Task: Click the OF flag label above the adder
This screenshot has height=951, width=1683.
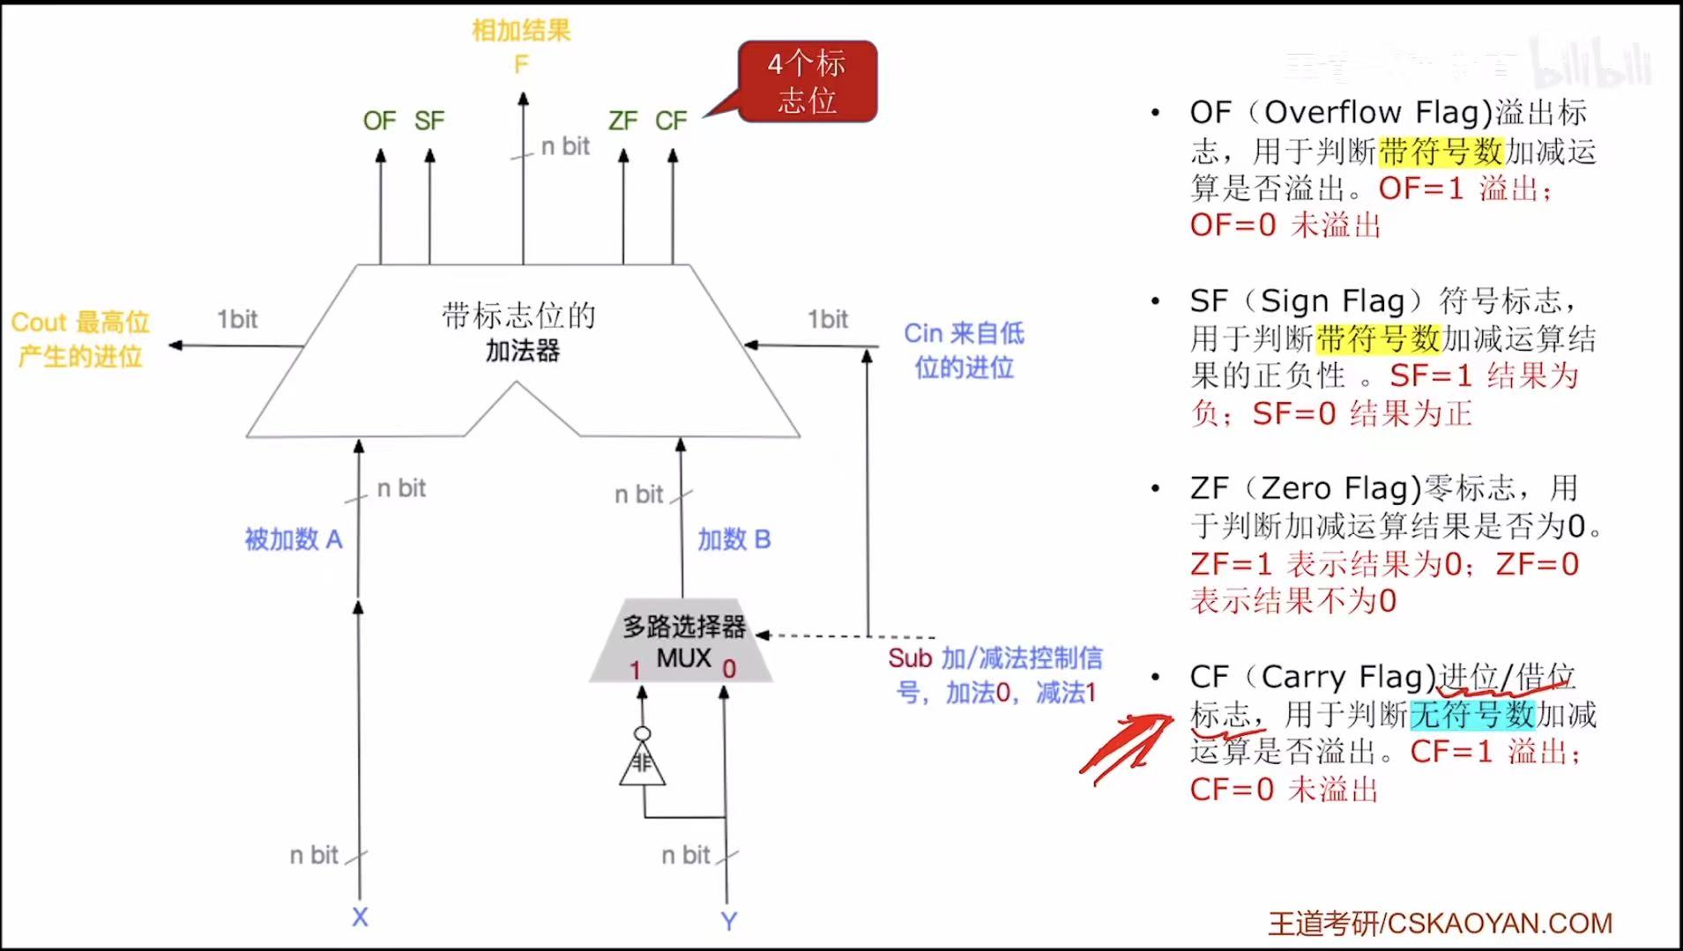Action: [x=379, y=121]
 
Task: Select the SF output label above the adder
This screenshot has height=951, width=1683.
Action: [x=429, y=121]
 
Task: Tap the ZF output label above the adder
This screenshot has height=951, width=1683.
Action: [x=622, y=121]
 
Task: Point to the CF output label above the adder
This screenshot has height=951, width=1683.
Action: [x=671, y=121]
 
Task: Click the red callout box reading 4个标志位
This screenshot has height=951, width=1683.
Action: [x=807, y=81]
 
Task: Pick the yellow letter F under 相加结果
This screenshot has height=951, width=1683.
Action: [x=521, y=64]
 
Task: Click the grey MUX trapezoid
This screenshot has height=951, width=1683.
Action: [x=681, y=643]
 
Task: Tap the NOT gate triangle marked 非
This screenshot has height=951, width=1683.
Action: [x=642, y=763]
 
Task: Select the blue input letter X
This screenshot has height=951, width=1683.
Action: [x=360, y=918]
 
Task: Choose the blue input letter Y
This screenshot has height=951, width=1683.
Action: [x=728, y=921]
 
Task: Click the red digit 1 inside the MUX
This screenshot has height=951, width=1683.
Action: [x=635, y=671]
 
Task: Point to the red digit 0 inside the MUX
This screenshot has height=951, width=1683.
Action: [x=729, y=670]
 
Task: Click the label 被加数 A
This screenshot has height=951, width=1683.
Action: [x=294, y=539]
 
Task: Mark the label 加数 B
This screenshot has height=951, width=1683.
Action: [x=734, y=539]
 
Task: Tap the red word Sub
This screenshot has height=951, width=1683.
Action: [x=910, y=658]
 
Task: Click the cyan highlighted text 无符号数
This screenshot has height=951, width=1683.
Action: [x=1472, y=714]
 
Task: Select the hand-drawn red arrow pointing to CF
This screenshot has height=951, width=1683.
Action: [x=1127, y=748]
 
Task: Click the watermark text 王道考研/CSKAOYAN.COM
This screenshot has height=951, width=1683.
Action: [x=1440, y=923]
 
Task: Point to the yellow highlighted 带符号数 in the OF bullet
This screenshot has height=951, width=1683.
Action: [x=1441, y=152]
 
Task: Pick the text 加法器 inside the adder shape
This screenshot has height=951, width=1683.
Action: [x=523, y=351]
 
